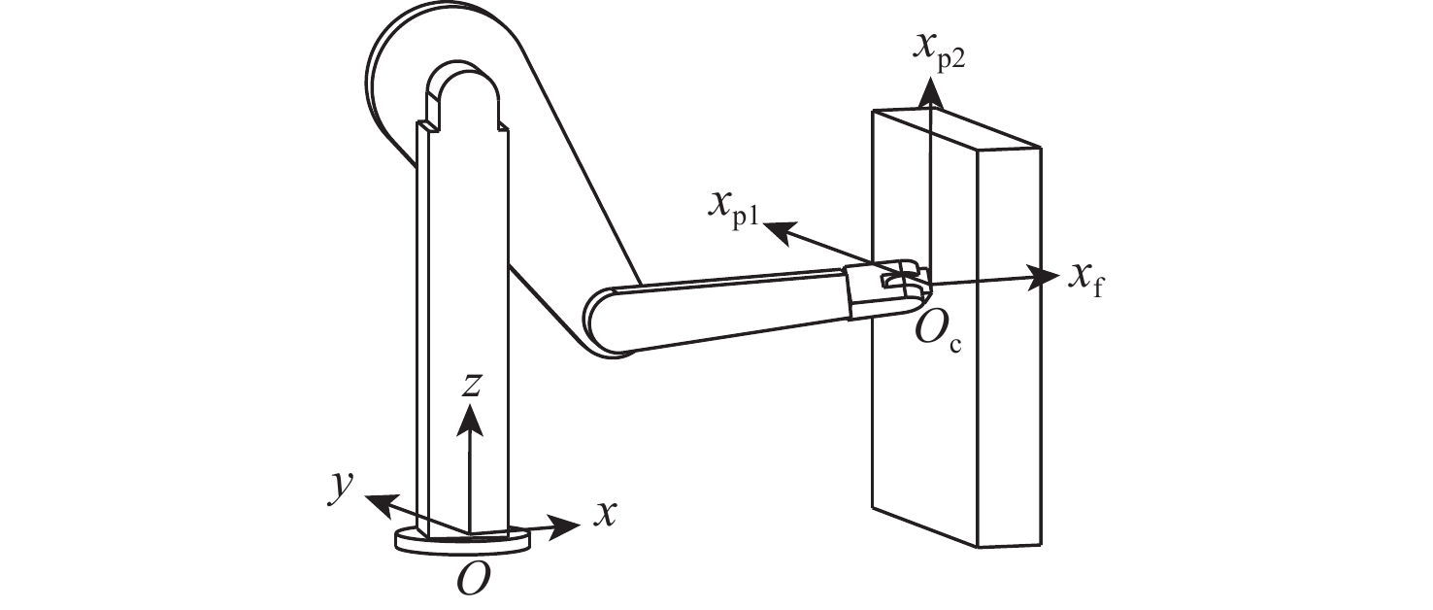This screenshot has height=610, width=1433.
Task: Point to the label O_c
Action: (x=938, y=335)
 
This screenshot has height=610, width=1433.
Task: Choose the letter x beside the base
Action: (x=605, y=514)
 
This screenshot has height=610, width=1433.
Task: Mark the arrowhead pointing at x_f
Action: (x=1045, y=277)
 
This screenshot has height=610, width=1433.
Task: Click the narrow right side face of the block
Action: (x=1010, y=340)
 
